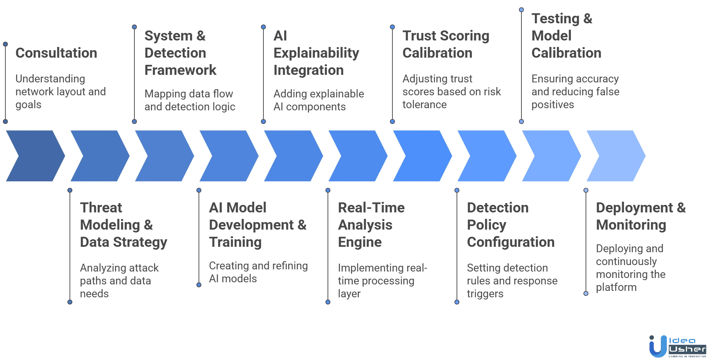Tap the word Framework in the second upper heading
pos(180,71)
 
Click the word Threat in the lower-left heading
pos(101,208)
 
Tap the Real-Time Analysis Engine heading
pos(371,225)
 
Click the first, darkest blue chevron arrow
pos(34,156)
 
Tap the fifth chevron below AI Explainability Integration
pos(292,156)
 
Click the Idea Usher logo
pos(677,346)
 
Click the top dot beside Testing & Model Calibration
pos(521,10)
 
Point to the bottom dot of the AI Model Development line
pos(199,285)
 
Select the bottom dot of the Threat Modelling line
pos(70,302)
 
